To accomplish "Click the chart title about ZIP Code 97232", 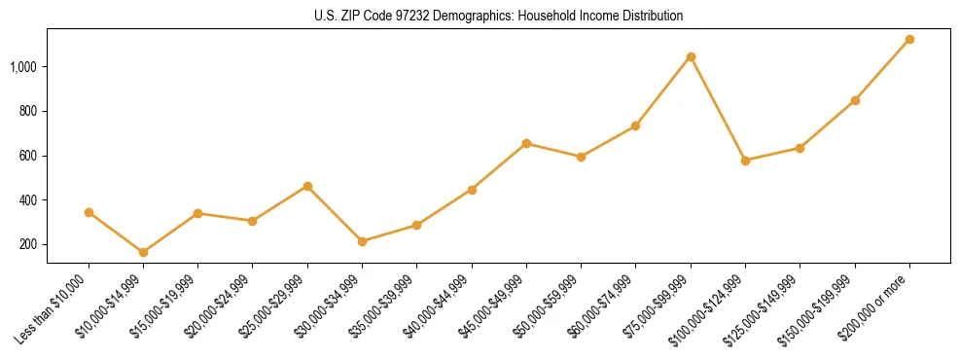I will pos(498,16).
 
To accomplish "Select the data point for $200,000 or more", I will pos(909,39).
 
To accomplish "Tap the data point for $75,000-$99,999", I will pos(691,56).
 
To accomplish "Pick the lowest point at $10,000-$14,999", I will pos(144,252).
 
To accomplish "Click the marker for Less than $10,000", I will pos(89,212).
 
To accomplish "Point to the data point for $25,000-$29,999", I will pos(307,186).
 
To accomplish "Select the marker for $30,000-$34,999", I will pos(363,241).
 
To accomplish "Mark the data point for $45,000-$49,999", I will pos(526,143).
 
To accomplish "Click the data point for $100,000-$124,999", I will pos(745,161).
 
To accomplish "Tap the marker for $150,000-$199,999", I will pos(855,100).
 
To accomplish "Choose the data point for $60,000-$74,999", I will pos(636,126).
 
